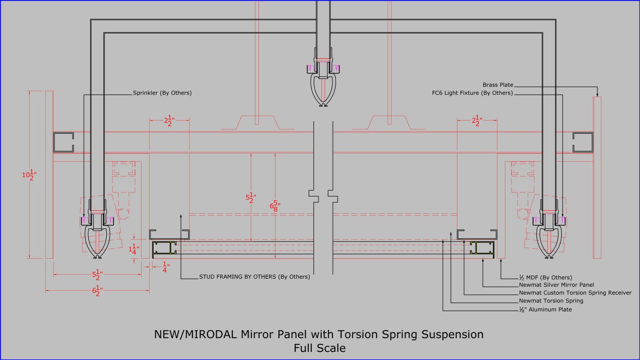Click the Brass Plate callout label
pyautogui.click(x=498, y=85)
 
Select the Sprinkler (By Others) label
pyautogui.click(x=162, y=93)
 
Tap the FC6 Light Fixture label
pyautogui.click(x=472, y=93)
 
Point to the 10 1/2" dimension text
pyautogui.click(x=29, y=175)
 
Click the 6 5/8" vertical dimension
pyautogui.click(x=275, y=205)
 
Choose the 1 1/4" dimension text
pyautogui.click(x=134, y=249)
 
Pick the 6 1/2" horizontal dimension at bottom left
pyautogui.click(x=97, y=290)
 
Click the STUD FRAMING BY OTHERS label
pyautogui.click(x=254, y=277)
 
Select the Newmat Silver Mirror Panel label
pyautogui.click(x=556, y=285)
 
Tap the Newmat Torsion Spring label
pyautogui.click(x=551, y=301)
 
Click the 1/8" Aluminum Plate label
pyautogui.click(x=545, y=310)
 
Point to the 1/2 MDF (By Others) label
pyautogui.click(x=545, y=277)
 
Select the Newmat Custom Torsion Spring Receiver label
pyautogui.click(x=575, y=293)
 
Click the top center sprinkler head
pyautogui.click(x=323, y=83)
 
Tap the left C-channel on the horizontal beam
pyautogui.click(x=63, y=142)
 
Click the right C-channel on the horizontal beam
pyautogui.click(x=582, y=142)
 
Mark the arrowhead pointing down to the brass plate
pyautogui.click(x=597, y=94)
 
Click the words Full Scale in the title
pyautogui.click(x=320, y=348)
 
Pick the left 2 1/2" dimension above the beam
pyautogui.click(x=169, y=121)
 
